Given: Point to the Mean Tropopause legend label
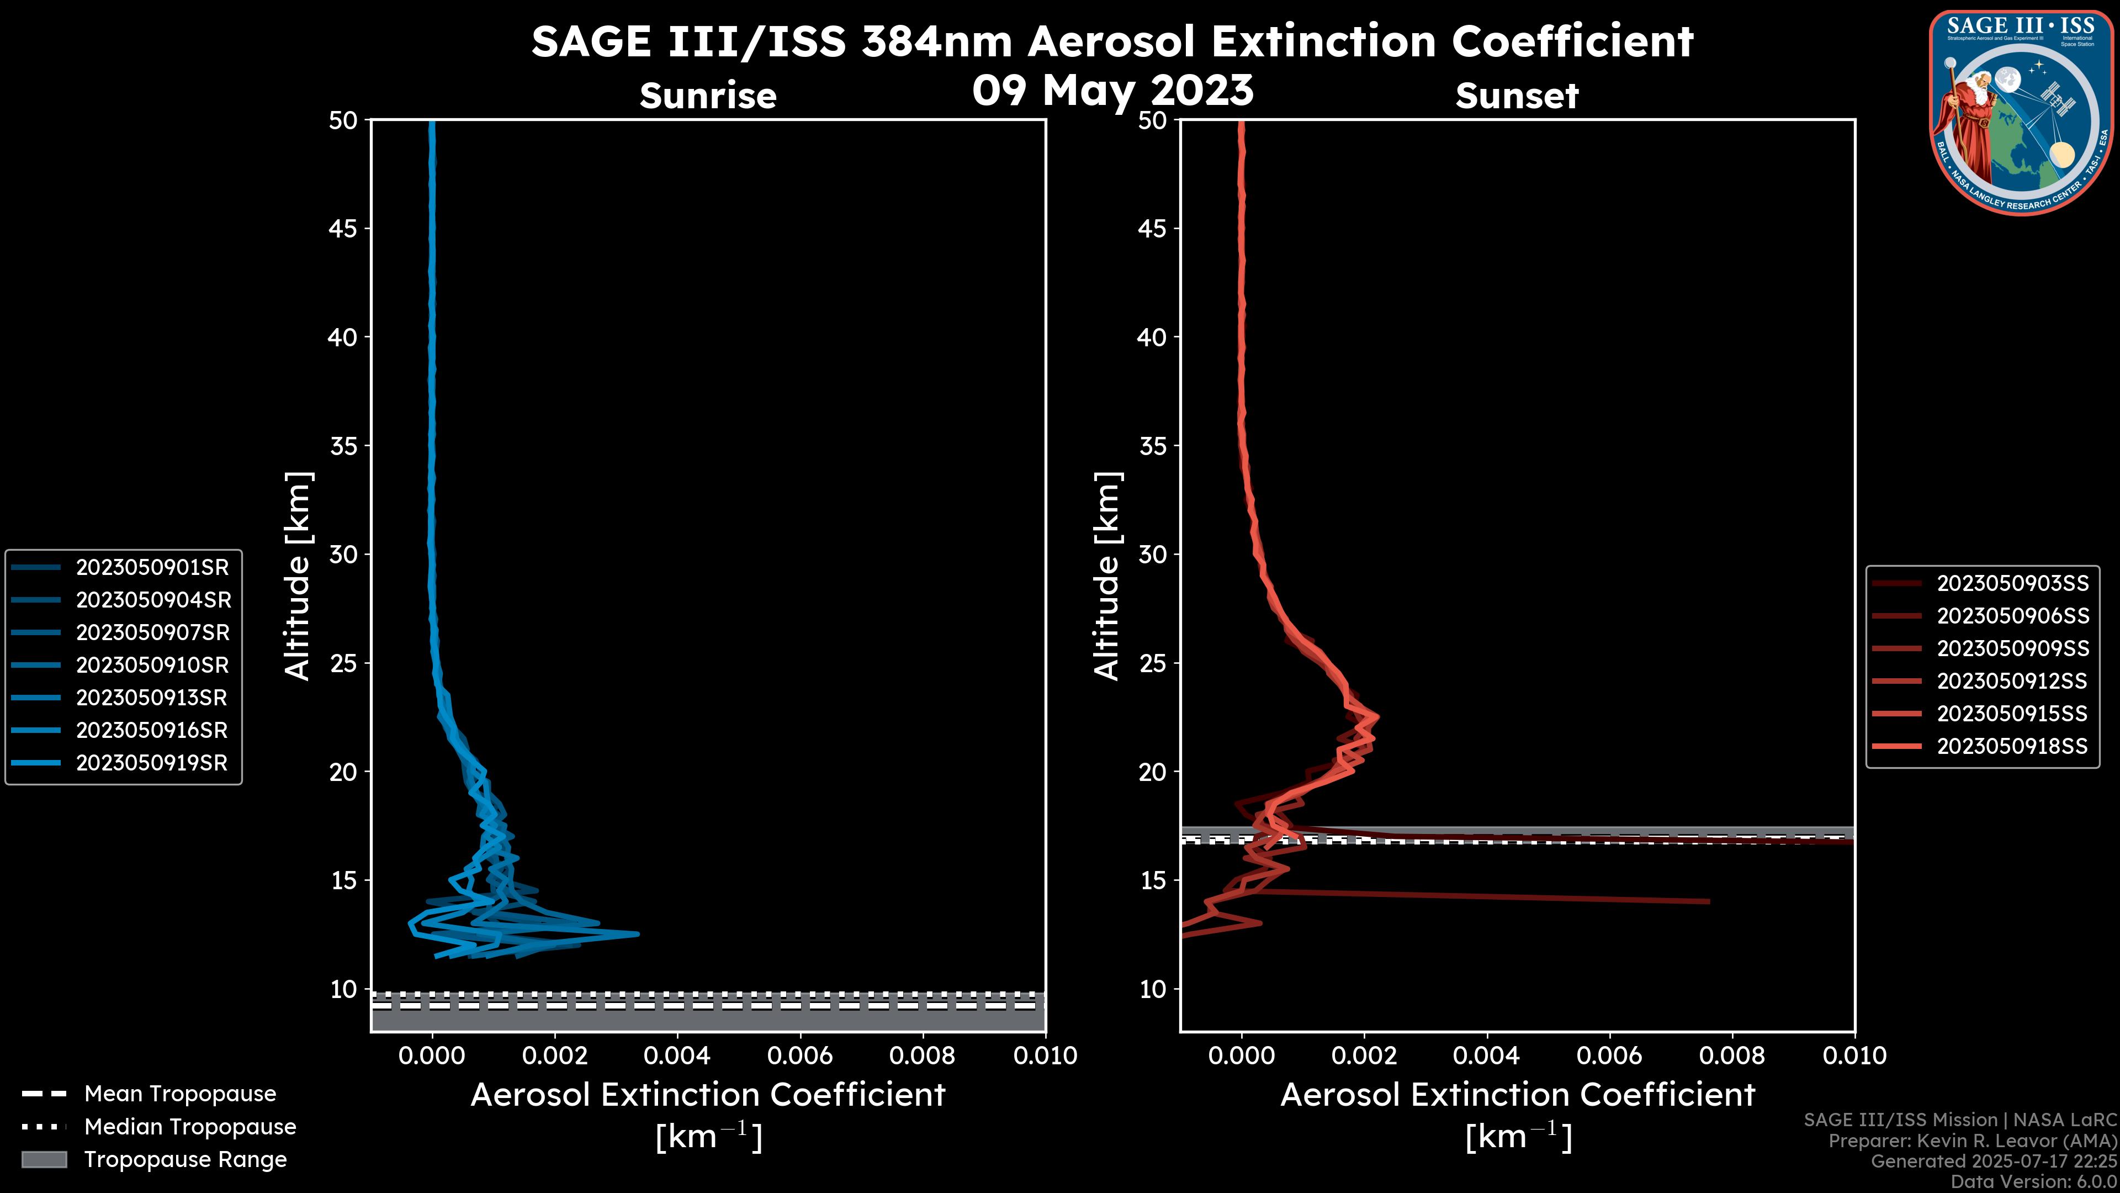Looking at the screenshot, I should [x=180, y=1094].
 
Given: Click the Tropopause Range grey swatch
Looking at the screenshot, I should [x=44, y=1159].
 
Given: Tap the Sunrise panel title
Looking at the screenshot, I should [x=708, y=96].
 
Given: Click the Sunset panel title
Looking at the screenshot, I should [x=1517, y=96].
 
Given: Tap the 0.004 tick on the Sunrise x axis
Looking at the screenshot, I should [x=677, y=1055].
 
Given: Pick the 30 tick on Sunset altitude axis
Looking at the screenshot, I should [x=1152, y=554].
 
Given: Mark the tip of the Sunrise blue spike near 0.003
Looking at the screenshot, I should [x=638, y=933].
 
